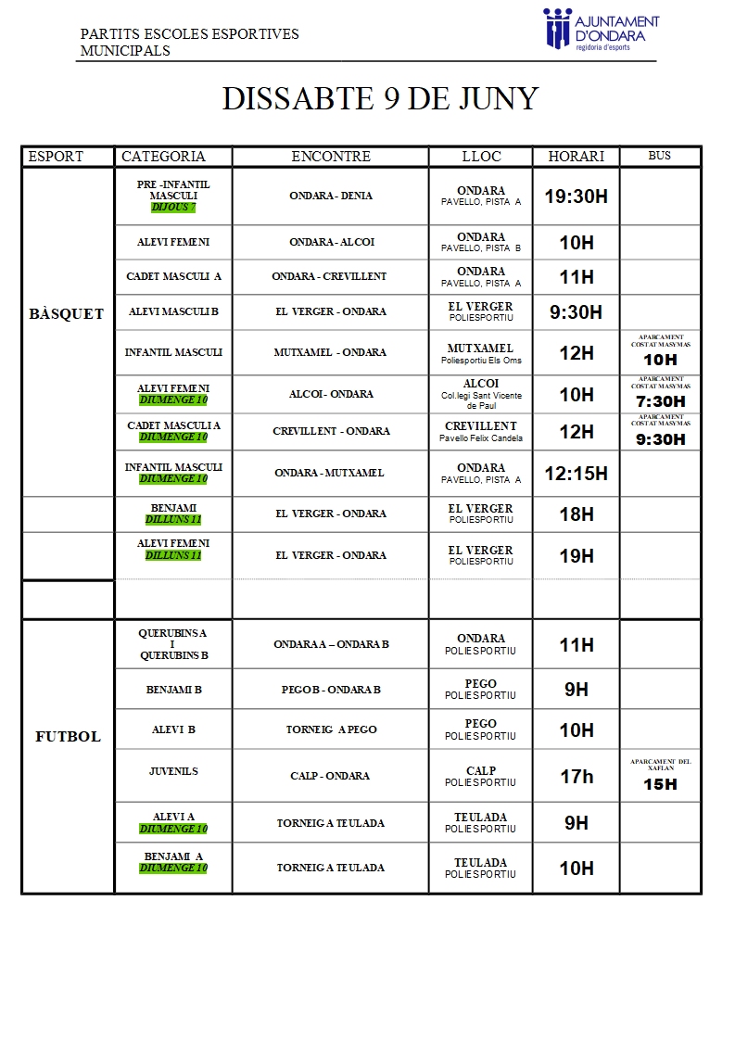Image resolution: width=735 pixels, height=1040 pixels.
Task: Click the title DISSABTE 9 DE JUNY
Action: click(380, 99)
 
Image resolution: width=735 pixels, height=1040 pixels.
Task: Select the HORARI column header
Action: click(576, 157)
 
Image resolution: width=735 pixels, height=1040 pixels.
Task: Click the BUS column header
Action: click(659, 156)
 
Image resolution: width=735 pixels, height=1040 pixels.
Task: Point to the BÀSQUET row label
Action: click(67, 314)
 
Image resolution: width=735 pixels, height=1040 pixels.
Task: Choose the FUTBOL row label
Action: click(68, 737)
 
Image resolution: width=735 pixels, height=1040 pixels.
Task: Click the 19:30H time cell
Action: click(576, 197)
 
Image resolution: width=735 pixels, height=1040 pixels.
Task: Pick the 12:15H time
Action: click(576, 474)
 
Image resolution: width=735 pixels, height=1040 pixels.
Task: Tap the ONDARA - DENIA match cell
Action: click(330, 197)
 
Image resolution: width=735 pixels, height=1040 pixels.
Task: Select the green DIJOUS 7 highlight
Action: click(173, 208)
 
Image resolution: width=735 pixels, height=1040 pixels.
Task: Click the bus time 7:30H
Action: click(660, 401)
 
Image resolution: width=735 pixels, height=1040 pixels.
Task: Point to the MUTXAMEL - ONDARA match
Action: click(330, 353)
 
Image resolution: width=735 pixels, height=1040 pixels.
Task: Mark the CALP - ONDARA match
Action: click(330, 777)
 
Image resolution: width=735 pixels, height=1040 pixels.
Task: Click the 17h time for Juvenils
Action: click(576, 777)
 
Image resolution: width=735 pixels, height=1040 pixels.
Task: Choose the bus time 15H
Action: click(660, 784)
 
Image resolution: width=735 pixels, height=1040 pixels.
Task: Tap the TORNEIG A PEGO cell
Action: click(331, 730)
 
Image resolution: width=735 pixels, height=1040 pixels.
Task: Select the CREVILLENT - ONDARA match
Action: click(331, 432)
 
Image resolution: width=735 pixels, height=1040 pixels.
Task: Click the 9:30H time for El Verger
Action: click(576, 312)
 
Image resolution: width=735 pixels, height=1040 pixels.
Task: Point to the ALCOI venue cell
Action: click(481, 394)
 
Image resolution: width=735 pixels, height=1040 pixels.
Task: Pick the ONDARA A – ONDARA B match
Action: click(331, 645)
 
